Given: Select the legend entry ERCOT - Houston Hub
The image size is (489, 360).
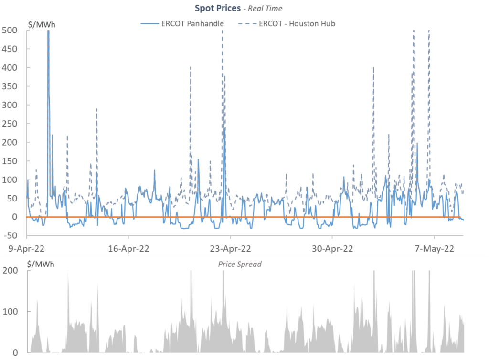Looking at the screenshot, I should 297,23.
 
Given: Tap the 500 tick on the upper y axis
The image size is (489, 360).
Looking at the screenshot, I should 10,30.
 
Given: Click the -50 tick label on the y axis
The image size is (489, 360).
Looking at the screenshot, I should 10,235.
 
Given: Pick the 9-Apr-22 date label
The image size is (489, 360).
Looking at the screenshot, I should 27,248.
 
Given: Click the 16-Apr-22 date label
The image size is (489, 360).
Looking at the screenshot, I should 128,248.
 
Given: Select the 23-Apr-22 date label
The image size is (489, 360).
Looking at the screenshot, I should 230,248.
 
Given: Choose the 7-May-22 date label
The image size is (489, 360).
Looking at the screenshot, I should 434,248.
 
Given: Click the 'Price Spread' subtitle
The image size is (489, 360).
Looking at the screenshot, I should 240,264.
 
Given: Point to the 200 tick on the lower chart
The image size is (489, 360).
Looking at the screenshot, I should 11,271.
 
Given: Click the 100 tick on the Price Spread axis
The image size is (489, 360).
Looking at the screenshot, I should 11,311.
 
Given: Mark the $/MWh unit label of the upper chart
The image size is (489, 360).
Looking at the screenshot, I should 41,23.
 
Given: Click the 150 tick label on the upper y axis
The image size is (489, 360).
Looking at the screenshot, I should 10,161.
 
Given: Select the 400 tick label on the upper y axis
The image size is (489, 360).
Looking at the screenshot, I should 10,67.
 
